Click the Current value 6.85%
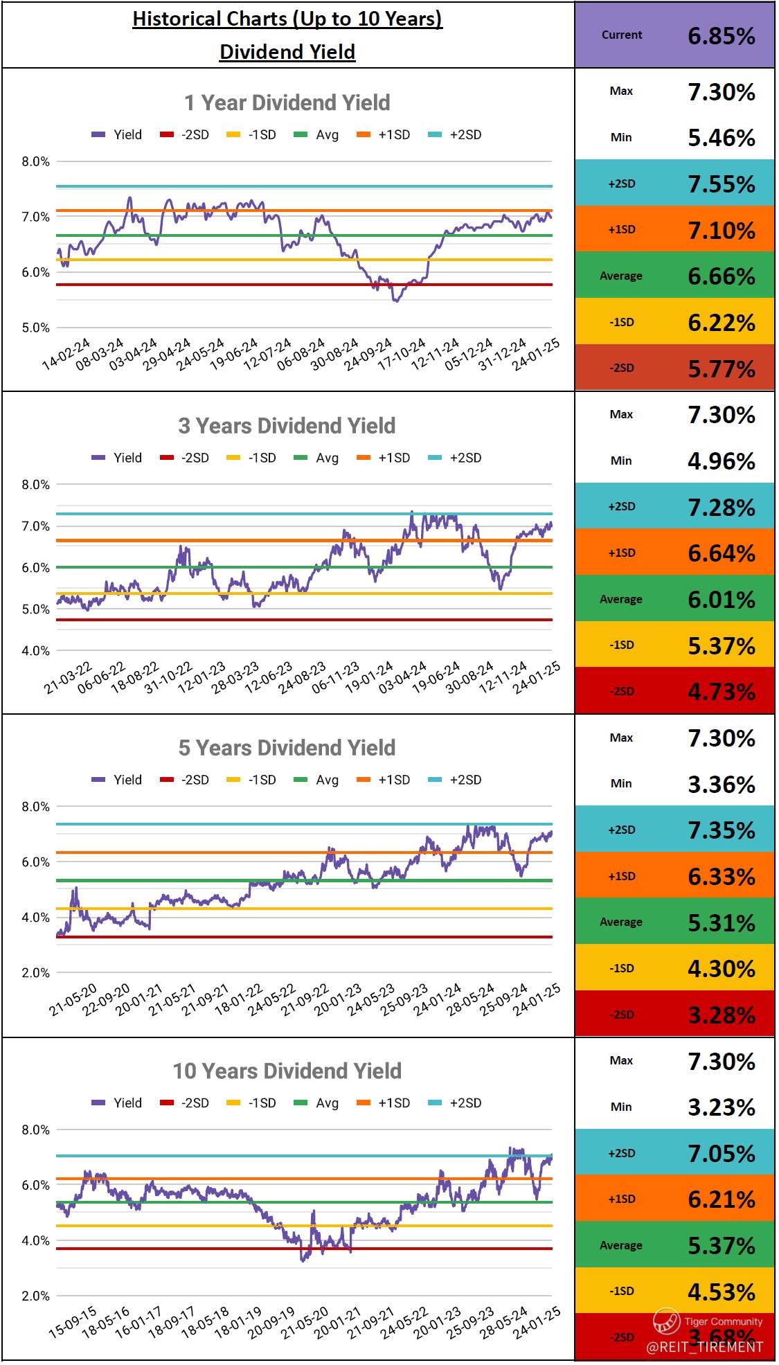click(x=721, y=36)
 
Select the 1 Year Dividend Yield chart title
click(x=287, y=103)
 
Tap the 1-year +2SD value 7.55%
click(x=721, y=184)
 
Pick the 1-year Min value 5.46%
click(x=721, y=138)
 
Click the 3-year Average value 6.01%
click(x=721, y=599)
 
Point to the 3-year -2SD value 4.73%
click(x=721, y=691)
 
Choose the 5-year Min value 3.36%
click(x=721, y=784)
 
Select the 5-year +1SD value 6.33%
click(x=721, y=876)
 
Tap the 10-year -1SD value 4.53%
click(x=721, y=1292)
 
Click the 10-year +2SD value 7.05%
click(x=721, y=1153)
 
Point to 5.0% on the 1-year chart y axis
click(x=35, y=328)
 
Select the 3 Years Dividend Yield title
click(x=287, y=426)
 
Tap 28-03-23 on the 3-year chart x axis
click(x=235, y=677)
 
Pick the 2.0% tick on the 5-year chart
click(x=35, y=973)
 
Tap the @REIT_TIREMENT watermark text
click(x=704, y=1347)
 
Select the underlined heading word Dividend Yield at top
click(x=287, y=52)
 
